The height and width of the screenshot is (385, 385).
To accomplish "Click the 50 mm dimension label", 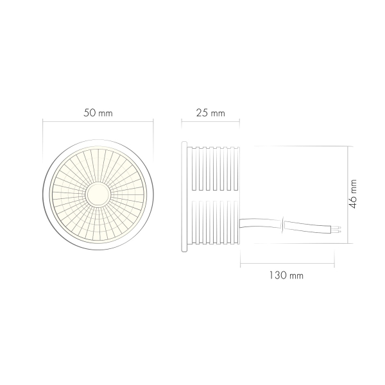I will pyautogui.click(x=98, y=113).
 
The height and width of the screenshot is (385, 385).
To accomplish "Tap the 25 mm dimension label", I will pyautogui.click(x=210, y=113).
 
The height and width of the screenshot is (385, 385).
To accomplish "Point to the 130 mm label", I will pyautogui.click(x=287, y=275).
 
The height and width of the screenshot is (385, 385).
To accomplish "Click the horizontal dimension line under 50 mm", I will pyautogui.click(x=98, y=121).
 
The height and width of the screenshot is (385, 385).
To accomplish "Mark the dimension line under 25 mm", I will pyautogui.click(x=210, y=121).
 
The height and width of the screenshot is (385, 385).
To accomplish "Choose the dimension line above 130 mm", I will pyautogui.click(x=287, y=261).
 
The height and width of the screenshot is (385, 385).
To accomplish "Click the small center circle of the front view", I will pyautogui.click(x=98, y=193).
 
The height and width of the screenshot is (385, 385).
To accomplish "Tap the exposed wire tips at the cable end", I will pyautogui.click(x=338, y=228).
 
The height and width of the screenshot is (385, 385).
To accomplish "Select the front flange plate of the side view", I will pyautogui.click(x=185, y=194).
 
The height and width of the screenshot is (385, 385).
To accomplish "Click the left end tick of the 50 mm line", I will pyautogui.click(x=43, y=121).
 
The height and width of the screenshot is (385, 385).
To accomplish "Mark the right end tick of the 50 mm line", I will pyautogui.click(x=153, y=121).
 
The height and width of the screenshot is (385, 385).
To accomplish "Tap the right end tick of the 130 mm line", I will pyautogui.click(x=336, y=261).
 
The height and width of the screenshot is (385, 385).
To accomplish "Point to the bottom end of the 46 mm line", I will pyautogui.click(x=347, y=243).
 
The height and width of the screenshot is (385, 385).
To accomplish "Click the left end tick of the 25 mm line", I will pyautogui.click(x=182, y=121).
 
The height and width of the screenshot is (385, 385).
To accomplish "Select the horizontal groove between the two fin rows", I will pyautogui.click(x=214, y=196).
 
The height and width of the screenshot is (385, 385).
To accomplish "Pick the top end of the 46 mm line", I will pyautogui.click(x=347, y=146).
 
